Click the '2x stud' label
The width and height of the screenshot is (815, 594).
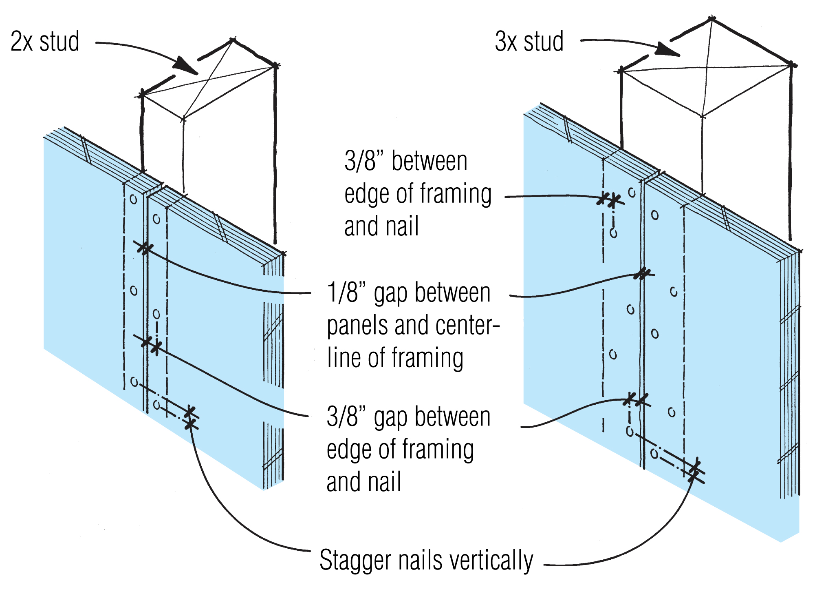45,42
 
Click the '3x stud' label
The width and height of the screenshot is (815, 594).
529,42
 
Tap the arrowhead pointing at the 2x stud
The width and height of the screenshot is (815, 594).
185,66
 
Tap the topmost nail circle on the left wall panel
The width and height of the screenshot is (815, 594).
133,199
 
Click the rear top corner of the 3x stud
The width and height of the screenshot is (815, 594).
711,19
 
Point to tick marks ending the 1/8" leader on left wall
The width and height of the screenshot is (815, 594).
145,248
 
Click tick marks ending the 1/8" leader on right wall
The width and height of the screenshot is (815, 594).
642,274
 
